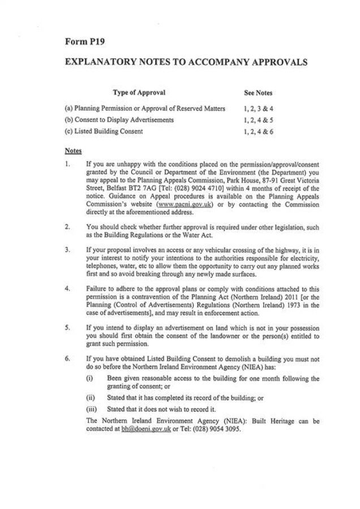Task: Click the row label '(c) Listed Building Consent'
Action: point(104,132)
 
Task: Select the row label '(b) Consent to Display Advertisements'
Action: point(119,120)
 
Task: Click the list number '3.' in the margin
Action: point(67,249)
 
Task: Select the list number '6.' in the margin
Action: point(67,359)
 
